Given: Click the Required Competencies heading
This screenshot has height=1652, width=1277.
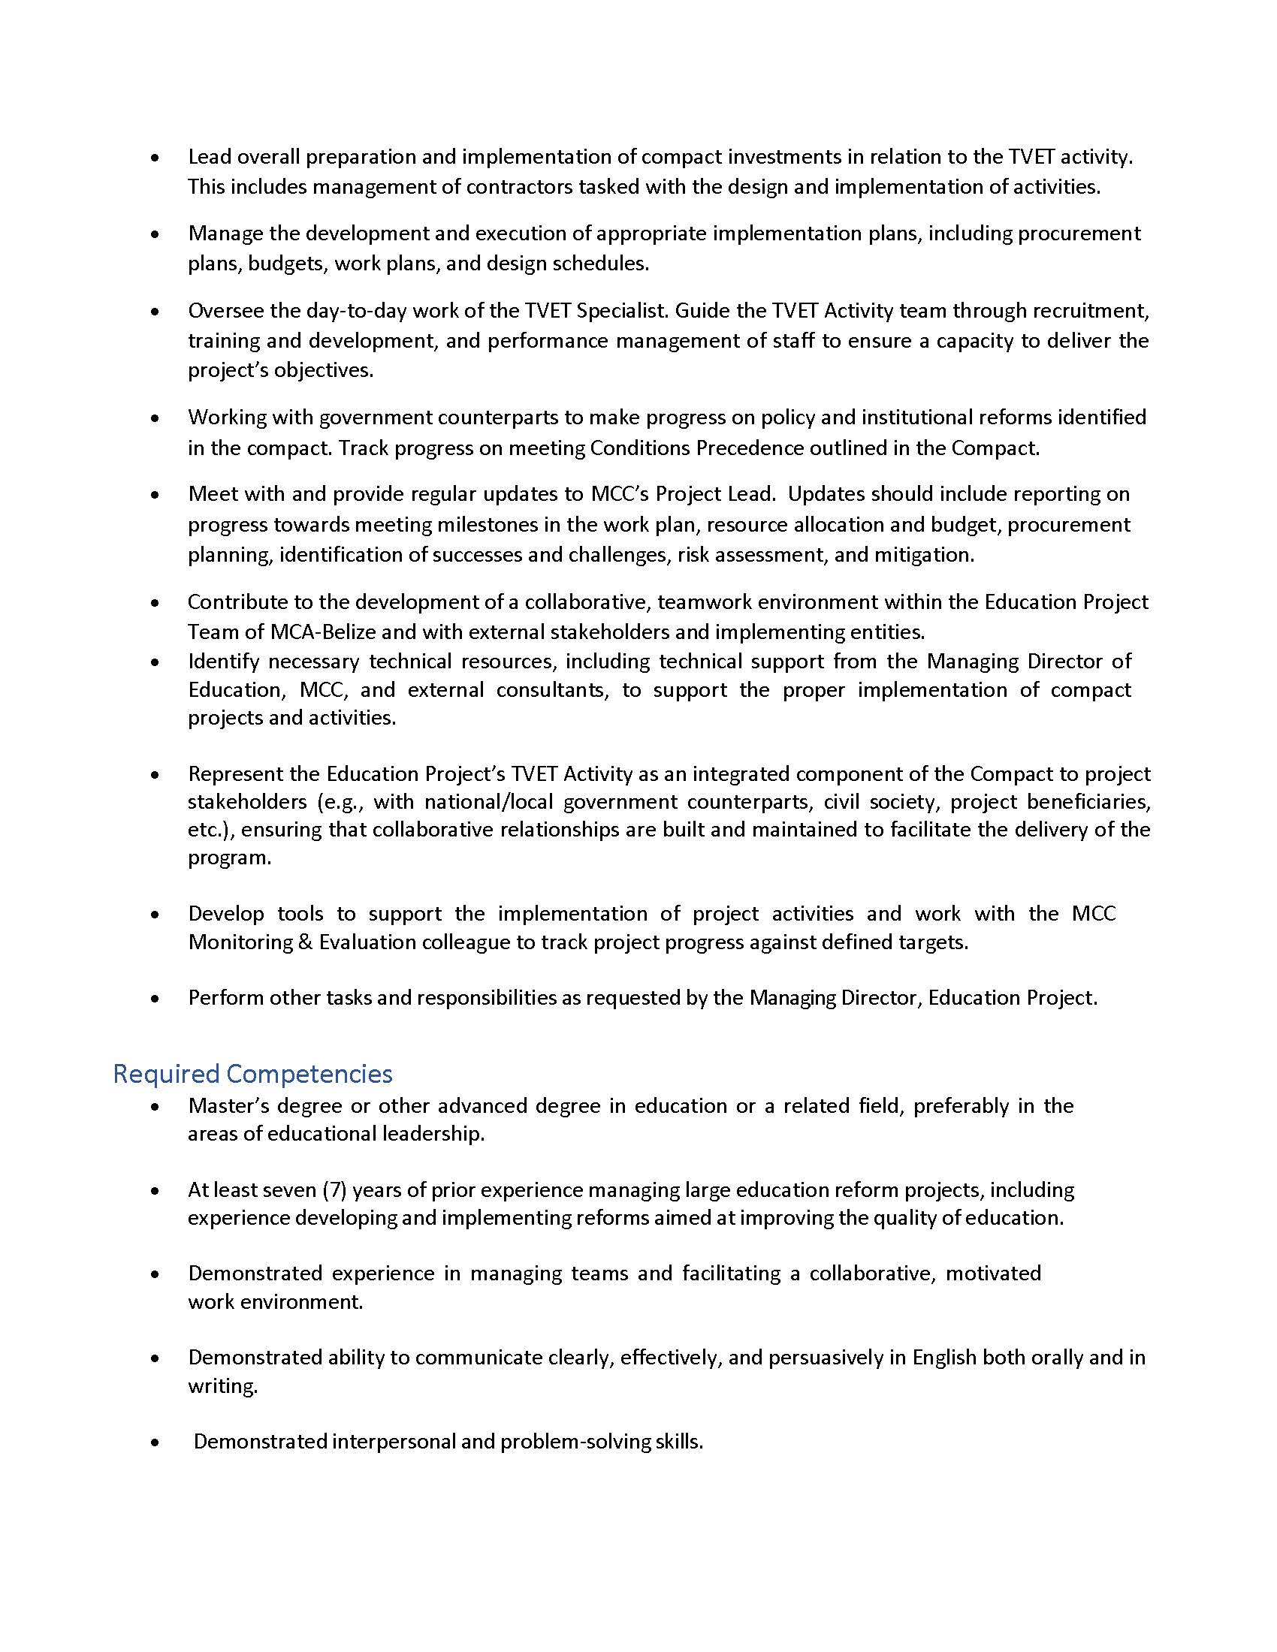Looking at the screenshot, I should pos(252,1073).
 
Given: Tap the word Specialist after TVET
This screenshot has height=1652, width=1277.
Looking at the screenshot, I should pos(622,311).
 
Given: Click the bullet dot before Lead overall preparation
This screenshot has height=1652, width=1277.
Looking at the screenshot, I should pos(155,158).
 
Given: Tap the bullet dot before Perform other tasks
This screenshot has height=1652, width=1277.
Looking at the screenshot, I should pos(155,999).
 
